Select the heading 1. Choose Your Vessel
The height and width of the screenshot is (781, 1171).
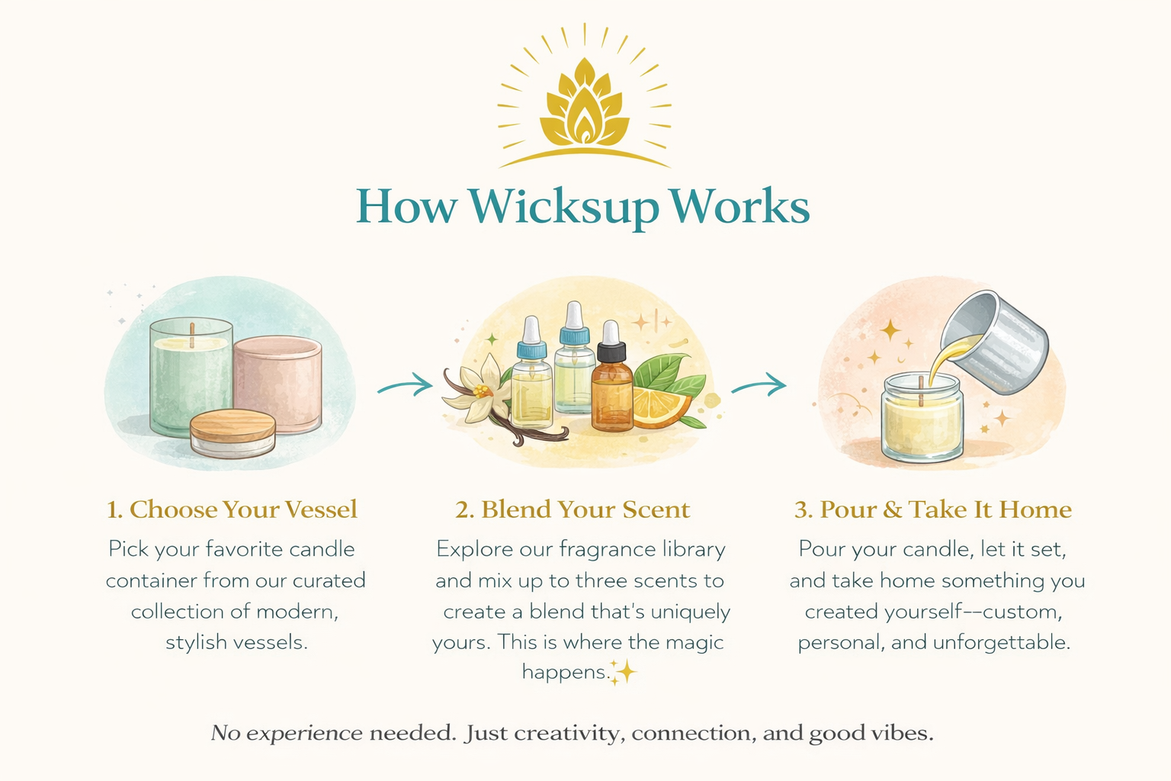coord(232,509)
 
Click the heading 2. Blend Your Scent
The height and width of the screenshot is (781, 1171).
coord(573,509)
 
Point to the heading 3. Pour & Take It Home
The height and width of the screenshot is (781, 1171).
coord(933,509)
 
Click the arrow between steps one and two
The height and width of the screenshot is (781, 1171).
coord(406,385)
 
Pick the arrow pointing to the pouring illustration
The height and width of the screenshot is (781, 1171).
coord(759,385)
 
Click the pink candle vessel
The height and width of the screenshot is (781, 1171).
coord(278,385)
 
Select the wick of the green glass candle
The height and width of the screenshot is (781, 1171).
coord(192,336)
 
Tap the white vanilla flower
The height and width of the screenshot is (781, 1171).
coord(478,387)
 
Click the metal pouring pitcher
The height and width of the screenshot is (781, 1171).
coord(994,342)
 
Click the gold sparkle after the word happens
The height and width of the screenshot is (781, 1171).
coord(624,672)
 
